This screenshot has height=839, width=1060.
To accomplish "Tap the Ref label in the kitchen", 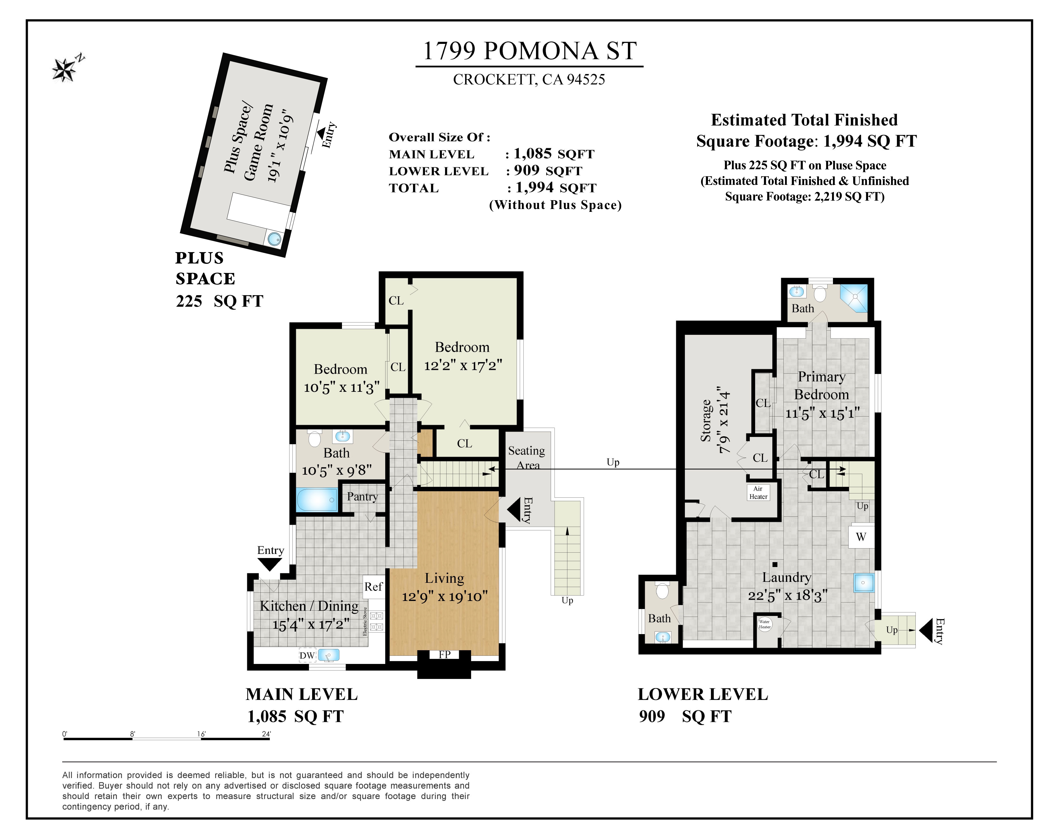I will (x=373, y=587).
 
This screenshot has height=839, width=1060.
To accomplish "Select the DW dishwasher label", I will (x=307, y=655).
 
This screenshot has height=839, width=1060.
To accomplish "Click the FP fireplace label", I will (x=445, y=654).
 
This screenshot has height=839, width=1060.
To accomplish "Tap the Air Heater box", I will (x=758, y=492).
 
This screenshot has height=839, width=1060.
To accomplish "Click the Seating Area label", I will (x=527, y=457).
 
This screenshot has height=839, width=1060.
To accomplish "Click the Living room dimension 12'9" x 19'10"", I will (x=445, y=596).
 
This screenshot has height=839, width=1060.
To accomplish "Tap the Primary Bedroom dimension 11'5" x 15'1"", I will (x=822, y=413).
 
